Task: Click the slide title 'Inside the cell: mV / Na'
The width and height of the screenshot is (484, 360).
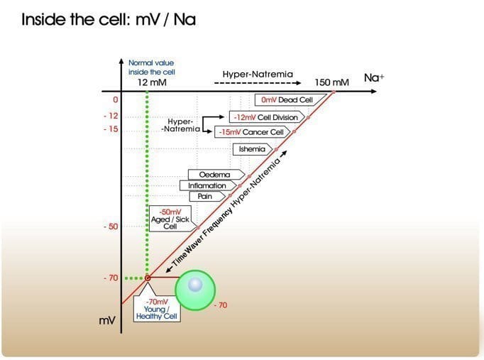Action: (109, 19)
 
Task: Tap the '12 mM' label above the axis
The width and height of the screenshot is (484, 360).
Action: (152, 82)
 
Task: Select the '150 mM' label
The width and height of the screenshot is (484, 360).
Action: (332, 82)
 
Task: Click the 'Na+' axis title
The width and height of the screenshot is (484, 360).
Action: (374, 77)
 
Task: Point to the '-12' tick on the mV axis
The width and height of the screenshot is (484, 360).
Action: (111, 116)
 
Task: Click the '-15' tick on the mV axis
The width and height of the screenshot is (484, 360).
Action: (111, 129)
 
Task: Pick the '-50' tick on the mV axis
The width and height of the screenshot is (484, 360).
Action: (111, 227)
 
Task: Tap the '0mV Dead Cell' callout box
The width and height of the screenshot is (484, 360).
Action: (290, 99)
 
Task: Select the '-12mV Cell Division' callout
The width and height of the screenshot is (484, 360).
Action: (267, 117)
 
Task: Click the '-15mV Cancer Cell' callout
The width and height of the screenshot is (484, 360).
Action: (253, 132)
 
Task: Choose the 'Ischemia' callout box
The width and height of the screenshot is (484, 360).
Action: (253, 149)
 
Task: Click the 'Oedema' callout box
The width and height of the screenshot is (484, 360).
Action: (216, 175)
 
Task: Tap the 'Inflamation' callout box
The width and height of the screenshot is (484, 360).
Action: (209, 185)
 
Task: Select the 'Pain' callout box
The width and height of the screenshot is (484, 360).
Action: (208, 197)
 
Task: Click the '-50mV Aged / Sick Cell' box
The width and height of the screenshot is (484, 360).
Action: (170, 219)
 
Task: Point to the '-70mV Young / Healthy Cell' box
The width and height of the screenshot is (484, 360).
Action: (157, 309)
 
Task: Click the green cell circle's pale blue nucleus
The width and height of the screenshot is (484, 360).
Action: (195, 285)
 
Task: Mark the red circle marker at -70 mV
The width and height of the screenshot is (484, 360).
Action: (148, 278)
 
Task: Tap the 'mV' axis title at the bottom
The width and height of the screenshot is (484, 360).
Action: (107, 320)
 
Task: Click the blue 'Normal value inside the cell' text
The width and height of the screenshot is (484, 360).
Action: (152, 67)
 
